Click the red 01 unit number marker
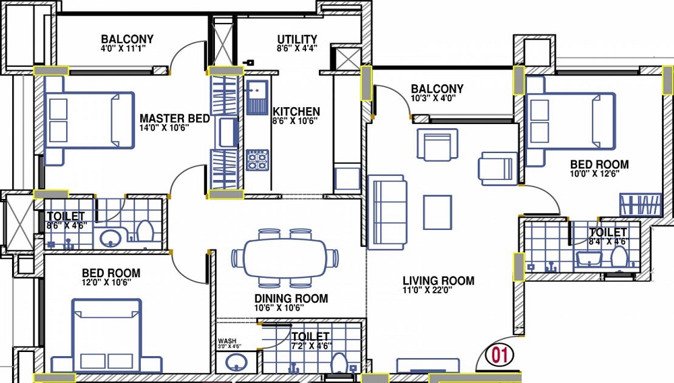(499, 355)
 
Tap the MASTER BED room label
(175, 118)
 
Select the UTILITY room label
(297, 40)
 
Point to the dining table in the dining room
(285, 258)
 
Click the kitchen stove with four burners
(257, 160)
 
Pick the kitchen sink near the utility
(257, 97)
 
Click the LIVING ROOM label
(439, 281)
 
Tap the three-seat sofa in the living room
(388, 212)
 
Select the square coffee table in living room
(437, 212)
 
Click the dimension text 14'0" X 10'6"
(164, 127)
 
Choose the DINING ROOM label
(291, 298)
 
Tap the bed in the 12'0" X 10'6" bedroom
(106, 336)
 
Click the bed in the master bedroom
(90, 120)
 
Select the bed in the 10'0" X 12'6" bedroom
(570, 121)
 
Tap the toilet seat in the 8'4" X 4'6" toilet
(619, 258)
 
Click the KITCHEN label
(296, 112)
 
